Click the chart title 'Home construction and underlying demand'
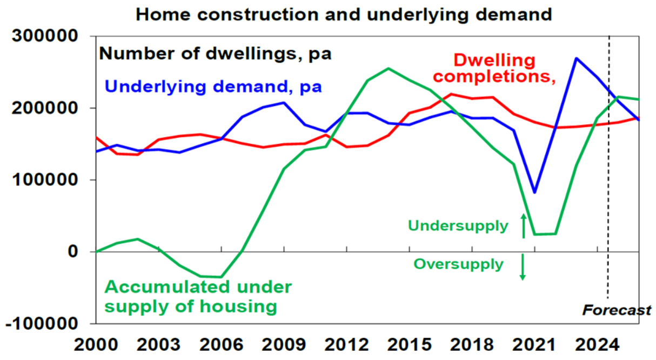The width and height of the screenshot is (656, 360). (x=344, y=14)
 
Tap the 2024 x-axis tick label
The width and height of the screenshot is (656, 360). (x=597, y=344)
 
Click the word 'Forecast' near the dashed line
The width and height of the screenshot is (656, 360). (x=617, y=310)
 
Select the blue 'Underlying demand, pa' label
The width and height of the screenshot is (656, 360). (x=213, y=86)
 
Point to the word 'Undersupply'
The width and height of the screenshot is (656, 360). (x=458, y=225)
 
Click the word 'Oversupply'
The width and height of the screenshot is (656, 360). (x=458, y=264)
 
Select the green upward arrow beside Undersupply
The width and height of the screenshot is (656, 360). (x=523, y=225)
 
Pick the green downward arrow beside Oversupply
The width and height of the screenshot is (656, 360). (x=523, y=267)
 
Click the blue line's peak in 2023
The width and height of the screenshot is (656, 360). (x=577, y=58)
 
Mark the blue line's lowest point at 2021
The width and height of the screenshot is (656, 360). (x=534, y=192)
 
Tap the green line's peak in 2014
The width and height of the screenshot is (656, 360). (x=389, y=69)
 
